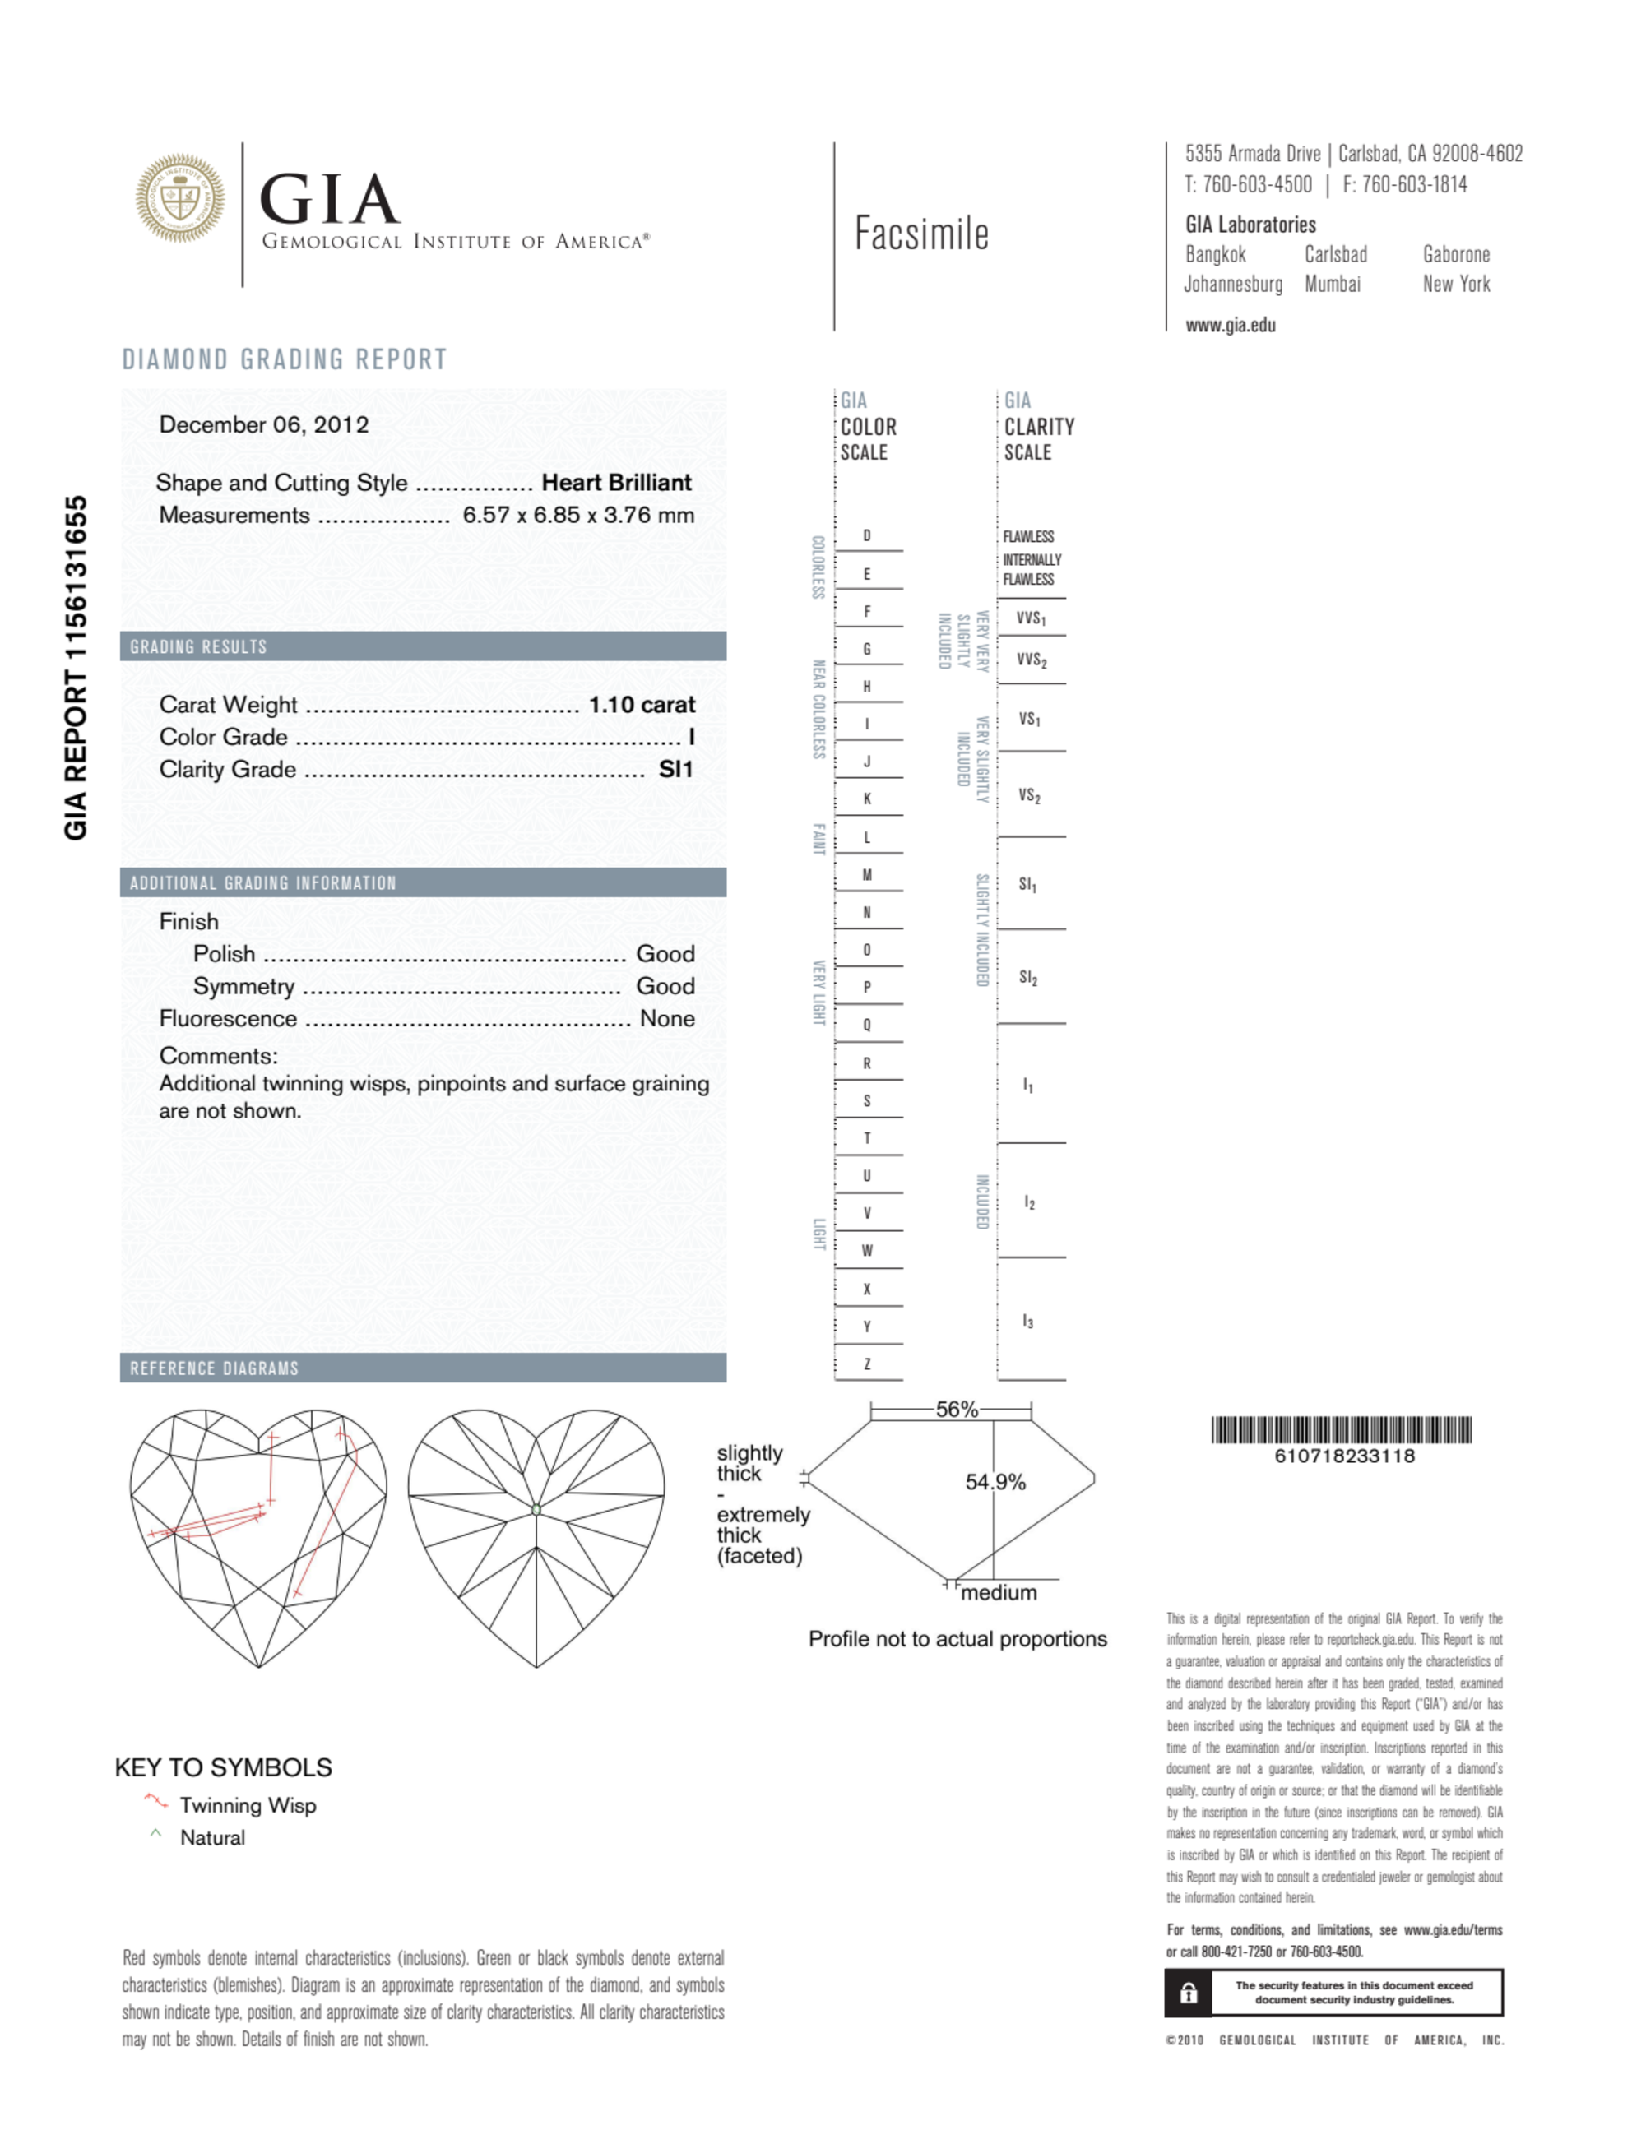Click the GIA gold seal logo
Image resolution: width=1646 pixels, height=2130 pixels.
pyautogui.click(x=179, y=198)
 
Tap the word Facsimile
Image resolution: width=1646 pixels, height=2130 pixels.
pyautogui.click(x=921, y=234)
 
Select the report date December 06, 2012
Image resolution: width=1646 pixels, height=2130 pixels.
pyautogui.click(x=263, y=424)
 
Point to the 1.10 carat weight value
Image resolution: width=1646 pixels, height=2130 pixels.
pyautogui.click(x=642, y=704)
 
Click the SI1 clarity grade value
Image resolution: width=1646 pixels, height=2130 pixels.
pyautogui.click(x=675, y=770)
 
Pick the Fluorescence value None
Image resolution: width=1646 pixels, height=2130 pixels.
pyautogui.click(x=667, y=1018)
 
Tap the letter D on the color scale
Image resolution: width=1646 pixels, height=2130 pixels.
pyautogui.click(x=866, y=536)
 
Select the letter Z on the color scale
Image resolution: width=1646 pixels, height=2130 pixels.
pyautogui.click(x=866, y=1364)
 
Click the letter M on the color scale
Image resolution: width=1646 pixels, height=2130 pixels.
pyautogui.click(x=866, y=875)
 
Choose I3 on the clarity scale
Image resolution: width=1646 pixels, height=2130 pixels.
pyautogui.click(x=1027, y=1322)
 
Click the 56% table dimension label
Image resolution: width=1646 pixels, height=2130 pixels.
pyautogui.click(x=956, y=1410)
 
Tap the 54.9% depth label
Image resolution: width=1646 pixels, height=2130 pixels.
pyautogui.click(x=995, y=1483)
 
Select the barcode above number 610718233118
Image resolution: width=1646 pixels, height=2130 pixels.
pyautogui.click(x=1342, y=1430)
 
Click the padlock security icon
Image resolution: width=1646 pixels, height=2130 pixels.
pyautogui.click(x=1188, y=1993)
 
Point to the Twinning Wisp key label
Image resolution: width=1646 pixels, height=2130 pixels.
pyautogui.click(x=248, y=1805)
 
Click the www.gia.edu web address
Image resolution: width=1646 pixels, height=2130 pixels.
pyautogui.click(x=1231, y=326)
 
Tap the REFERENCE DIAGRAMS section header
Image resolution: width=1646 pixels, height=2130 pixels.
pyautogui.click(x=215, y=1368)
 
